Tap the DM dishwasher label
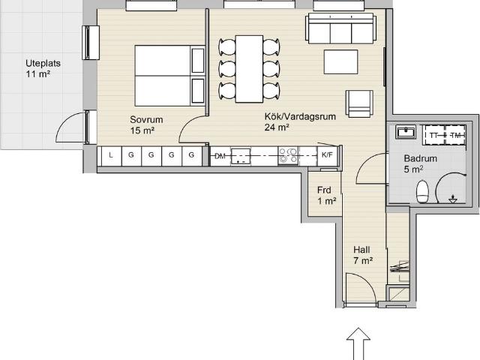pos(220,156)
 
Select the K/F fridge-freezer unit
pos(327,155)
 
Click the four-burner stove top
pos(288,155)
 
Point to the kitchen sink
pos(241,156)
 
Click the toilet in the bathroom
pos(422,191)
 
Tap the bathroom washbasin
pos(406,132)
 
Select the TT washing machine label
pos(433,135)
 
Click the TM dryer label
pos(455,135)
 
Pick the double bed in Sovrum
pos(170,76)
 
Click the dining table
pos(249,69)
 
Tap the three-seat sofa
pos(340,28)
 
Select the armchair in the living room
pos(359,103)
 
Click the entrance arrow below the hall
pos(358,343)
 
